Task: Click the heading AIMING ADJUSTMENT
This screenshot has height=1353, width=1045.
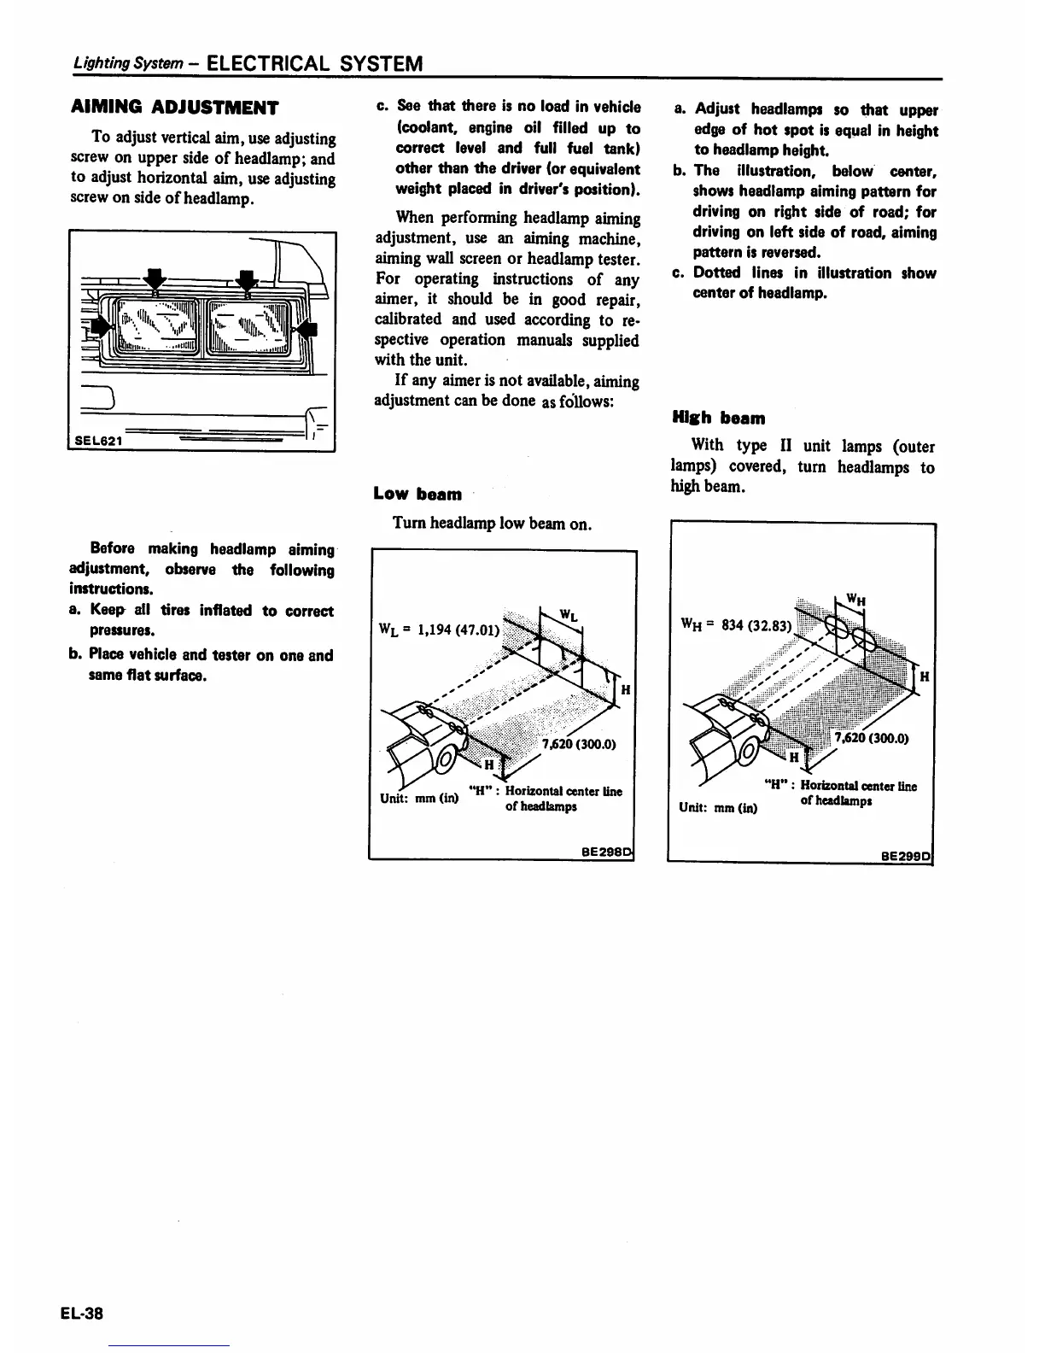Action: pos(173,108)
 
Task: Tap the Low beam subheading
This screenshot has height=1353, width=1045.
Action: pos(417,494)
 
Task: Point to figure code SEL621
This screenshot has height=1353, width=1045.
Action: pos(97,441)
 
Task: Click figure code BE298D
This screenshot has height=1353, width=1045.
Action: pos(606,851)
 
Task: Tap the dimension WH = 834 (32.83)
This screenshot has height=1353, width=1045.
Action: pos(737,624)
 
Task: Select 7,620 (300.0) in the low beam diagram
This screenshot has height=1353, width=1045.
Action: pos(579,743)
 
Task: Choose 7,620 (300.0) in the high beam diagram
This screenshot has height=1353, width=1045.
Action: pos(871,739)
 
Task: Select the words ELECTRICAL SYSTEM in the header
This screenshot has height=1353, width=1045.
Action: pos(314,64)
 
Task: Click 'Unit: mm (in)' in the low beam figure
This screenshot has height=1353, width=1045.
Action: pos(418,799)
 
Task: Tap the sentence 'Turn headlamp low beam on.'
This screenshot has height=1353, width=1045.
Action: pos(492,523)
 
